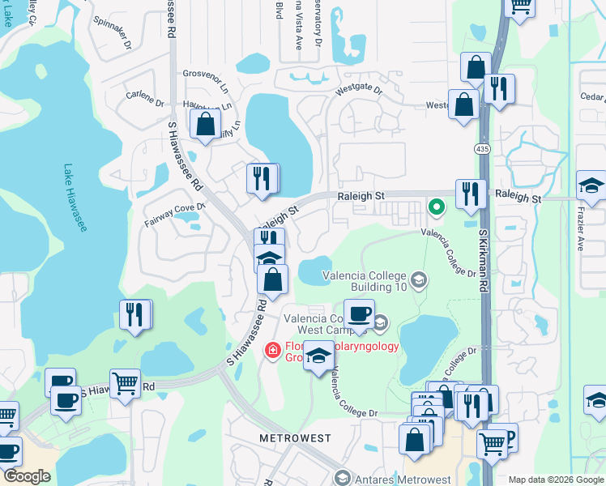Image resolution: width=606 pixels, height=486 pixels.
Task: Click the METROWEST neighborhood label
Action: pos(295,437)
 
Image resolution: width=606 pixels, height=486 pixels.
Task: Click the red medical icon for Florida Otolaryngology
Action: pos(274,349)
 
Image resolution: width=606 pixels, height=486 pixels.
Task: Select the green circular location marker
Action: pos(436,207)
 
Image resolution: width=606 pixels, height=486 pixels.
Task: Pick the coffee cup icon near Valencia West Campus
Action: pos(359,313)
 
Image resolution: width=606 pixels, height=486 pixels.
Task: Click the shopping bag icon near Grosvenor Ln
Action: pos(206,124)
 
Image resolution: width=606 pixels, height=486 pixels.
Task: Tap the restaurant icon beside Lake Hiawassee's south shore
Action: pos(135,313)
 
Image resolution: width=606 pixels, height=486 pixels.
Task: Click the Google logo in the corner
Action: pos(28,476)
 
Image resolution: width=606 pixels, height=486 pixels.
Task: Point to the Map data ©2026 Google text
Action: pos(555,480)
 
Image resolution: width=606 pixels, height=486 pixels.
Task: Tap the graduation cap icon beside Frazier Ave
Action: pos(591,185)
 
